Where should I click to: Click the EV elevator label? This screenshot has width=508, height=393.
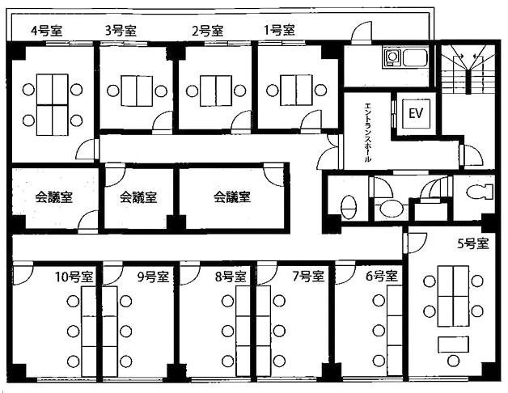tap(416, 113)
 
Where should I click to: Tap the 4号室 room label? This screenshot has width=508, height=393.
tap(47, 31)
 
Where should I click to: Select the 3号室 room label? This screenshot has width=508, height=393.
tap(121, 31)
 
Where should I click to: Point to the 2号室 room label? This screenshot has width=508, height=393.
tap(208, 31)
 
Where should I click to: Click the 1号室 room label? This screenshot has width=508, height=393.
tap(280, 30)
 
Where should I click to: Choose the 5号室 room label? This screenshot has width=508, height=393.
tap(472, 243)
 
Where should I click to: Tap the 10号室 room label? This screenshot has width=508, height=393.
tap(74, 277)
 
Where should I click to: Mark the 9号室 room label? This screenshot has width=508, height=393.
tap(153, 277)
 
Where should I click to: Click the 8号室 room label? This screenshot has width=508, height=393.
tap(231, 277)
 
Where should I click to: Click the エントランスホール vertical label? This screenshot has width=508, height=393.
tap(368, 132)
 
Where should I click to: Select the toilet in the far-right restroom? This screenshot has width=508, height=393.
tap(479, 192)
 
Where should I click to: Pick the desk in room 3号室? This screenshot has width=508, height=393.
tap(137, 91)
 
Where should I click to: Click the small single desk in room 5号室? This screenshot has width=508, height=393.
tap(453, 344)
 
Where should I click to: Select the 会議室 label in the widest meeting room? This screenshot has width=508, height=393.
tap(232, 196)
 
